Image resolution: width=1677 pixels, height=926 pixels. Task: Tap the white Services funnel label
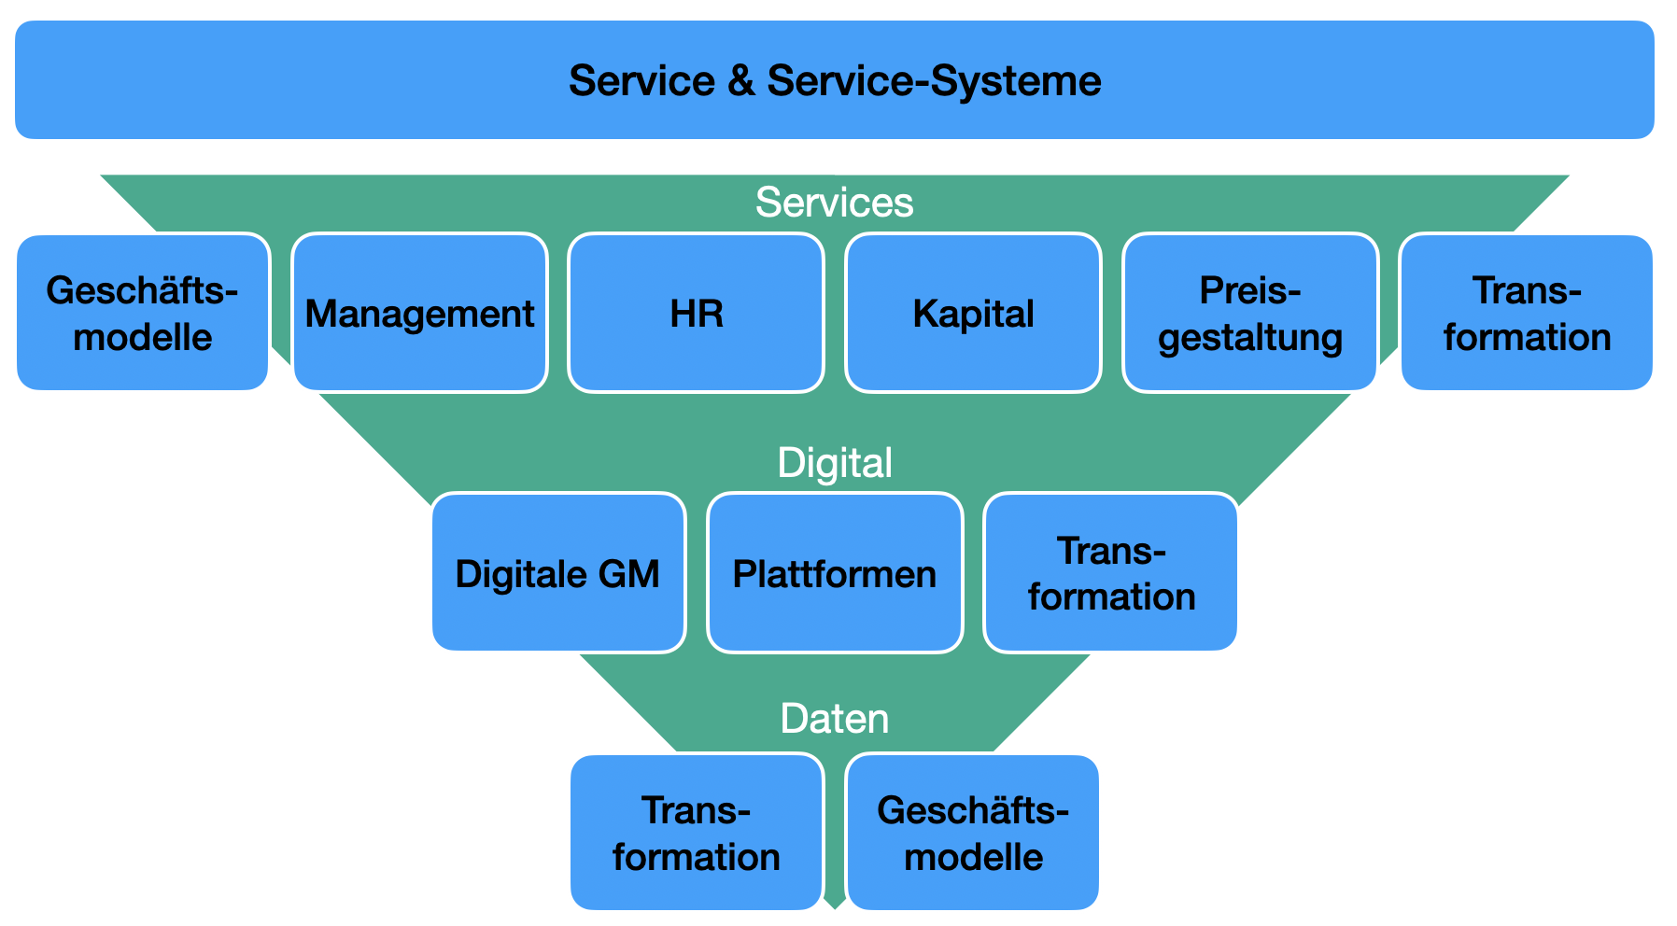point(834,203)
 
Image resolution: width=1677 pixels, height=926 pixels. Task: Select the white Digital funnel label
point(834,463)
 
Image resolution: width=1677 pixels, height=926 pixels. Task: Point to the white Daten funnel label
point(834,719)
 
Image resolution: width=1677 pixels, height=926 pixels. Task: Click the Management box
point(419,314)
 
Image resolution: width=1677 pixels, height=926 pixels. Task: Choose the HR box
point(696,314)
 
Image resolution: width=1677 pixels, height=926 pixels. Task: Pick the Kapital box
point(973,314)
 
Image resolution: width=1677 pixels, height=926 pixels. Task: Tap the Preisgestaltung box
point(1249,314)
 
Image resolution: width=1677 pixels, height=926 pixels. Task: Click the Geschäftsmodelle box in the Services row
point(143,314)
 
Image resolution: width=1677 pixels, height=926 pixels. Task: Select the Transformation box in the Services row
point(1527,314)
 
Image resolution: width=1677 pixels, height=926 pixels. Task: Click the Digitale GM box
point(557,573)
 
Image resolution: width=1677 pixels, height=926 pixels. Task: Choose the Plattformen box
point(834,573)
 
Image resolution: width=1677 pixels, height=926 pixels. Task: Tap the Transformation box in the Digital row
point(1111,573)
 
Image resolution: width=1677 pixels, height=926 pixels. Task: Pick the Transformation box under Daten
point(696,833)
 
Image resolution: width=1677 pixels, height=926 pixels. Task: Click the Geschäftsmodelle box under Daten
point(973,833)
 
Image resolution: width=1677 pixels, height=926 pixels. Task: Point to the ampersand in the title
point(740,81)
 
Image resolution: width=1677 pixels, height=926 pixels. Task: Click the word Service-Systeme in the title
point(934,81)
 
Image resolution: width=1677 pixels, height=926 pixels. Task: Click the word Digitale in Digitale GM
point(521,574)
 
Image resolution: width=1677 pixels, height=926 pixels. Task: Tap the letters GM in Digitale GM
point(628,574)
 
